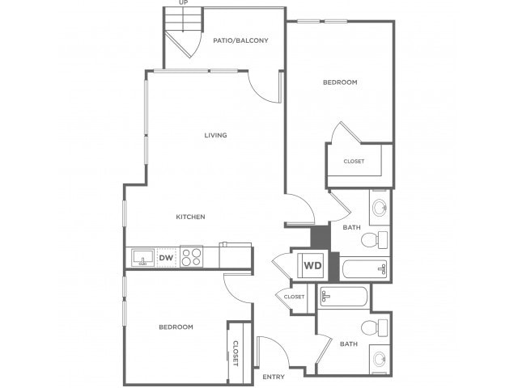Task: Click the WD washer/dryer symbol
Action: click(x=312, y=265)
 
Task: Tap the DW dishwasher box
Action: click(x=167, y=258)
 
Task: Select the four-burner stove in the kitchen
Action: click(x=191, y=257)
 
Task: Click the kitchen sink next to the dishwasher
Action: click(x=143, y=258)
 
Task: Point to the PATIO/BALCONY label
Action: click(x=240, y=40)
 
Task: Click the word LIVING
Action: click(x=215, y=135)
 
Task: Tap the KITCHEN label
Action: click(x=190, y=217)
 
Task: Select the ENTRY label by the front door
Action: click(x=274, y=377)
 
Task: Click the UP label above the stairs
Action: click(x=184, y=2)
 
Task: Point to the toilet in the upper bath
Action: click(x=374, y=240)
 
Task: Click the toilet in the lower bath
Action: click(x=374, y=327)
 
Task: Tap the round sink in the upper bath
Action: click(x=380, y=208)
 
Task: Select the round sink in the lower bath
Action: click(x=380, y=359)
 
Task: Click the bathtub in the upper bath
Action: click(x=364, y=269)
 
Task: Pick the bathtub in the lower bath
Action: click(x=343, y=296)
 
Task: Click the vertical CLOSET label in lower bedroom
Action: click(x=236, y=353)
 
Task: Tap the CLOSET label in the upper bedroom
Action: click(x=354, y=162)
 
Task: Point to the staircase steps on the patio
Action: click(x=183, y=19)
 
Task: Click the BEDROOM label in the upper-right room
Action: click(x=340, y=82)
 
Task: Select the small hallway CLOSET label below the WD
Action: click(x=294, y=297)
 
